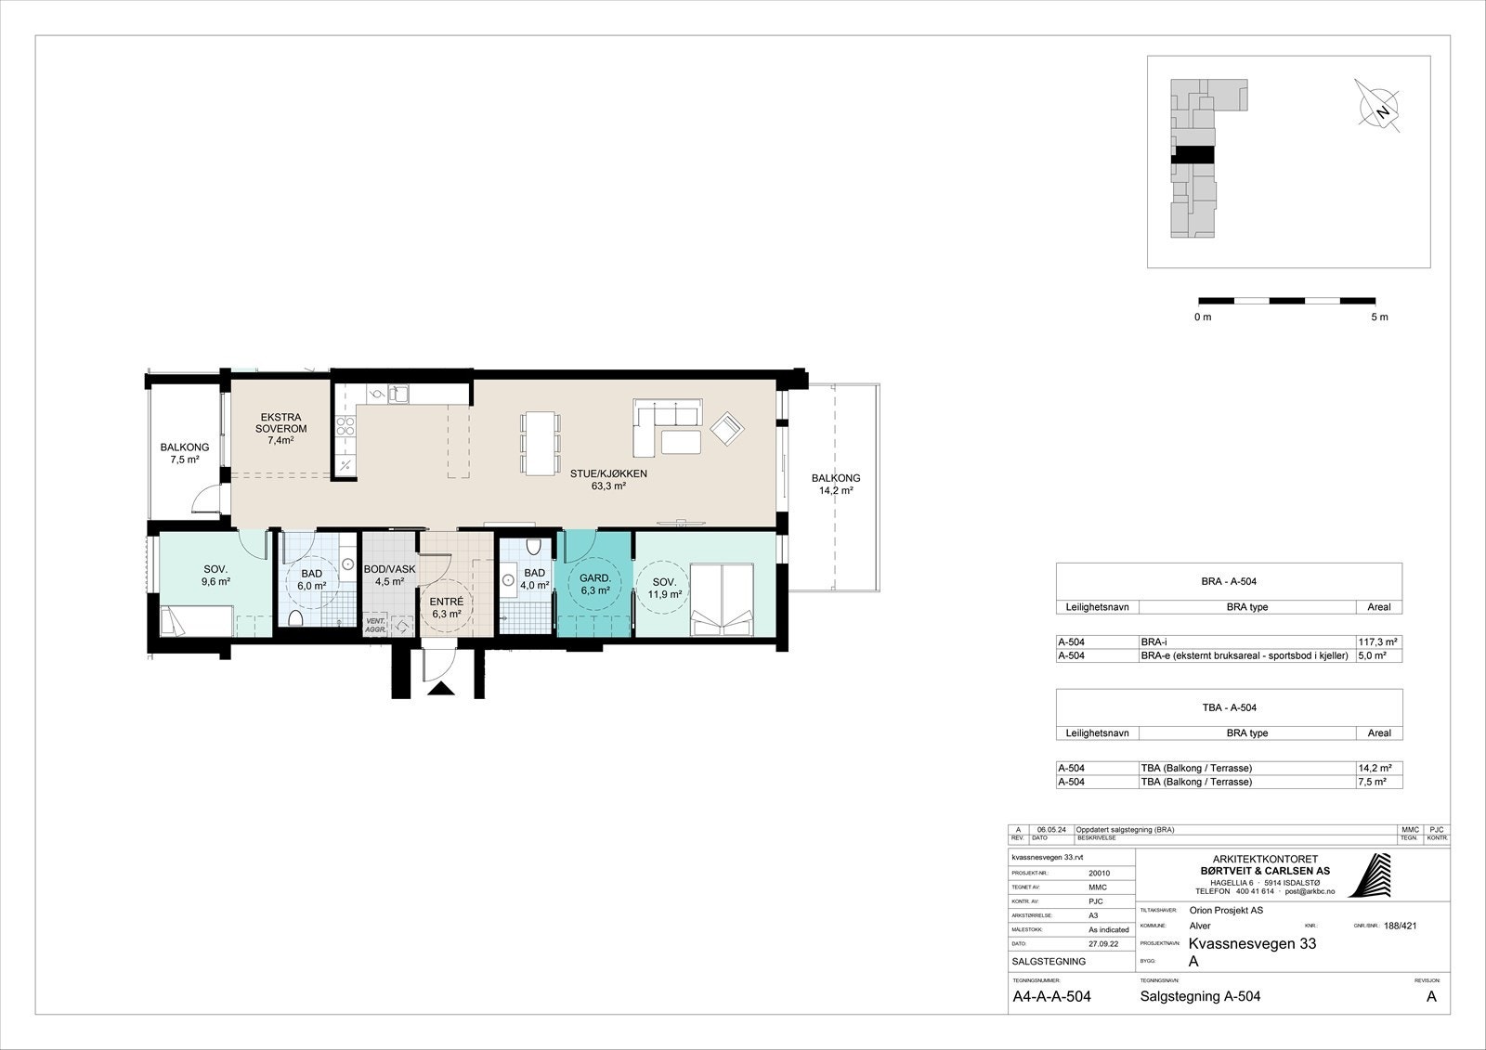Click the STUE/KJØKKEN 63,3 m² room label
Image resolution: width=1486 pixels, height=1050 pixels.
[608, 479]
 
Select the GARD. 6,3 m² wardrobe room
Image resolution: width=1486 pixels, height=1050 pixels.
[594, 583]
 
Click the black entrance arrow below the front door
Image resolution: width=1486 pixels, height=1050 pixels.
[442, 689]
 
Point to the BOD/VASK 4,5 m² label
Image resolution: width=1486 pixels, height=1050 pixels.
[389, 576]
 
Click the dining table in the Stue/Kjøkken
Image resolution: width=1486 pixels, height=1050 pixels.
[541, 443]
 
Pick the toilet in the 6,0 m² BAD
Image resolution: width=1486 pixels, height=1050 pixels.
[295, 618]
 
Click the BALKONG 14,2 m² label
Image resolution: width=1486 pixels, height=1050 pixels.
[835, 485]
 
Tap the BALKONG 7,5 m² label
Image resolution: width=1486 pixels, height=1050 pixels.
[184, 453]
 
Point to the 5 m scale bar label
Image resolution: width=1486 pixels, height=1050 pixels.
[1378, 318]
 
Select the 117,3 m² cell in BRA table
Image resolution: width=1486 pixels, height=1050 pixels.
[1378, 642]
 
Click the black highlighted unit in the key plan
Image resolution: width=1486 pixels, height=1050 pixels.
[1193, 155]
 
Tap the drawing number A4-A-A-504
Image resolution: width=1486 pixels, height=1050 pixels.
[1050, 997]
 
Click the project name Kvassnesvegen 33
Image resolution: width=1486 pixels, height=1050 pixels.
[1251, 944]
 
